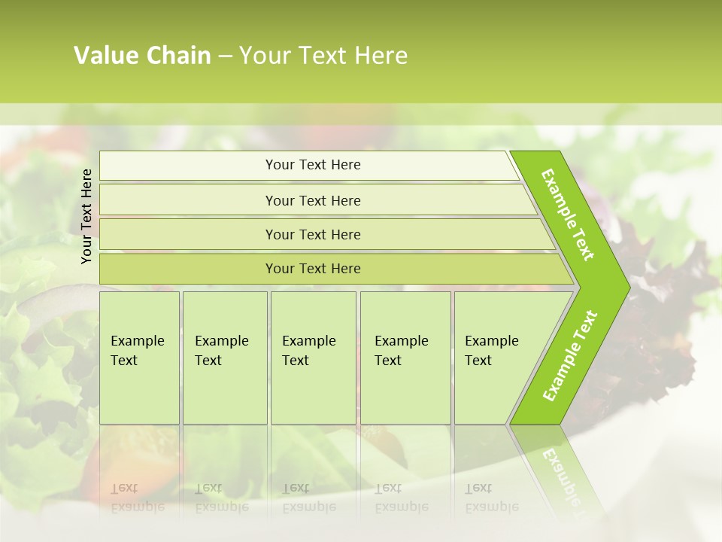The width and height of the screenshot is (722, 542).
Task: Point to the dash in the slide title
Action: coord(225,56)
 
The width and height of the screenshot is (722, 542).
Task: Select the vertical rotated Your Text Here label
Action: coord(86,216)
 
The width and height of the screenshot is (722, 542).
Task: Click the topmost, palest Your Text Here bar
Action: coord(313,165)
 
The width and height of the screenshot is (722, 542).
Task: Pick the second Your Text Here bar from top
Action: coord(313,200)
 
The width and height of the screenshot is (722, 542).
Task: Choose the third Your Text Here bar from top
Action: coord(313,234)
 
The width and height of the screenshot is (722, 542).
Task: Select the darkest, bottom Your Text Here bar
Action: coord(313,269)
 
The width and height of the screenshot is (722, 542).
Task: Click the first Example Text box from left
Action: coord(139,358)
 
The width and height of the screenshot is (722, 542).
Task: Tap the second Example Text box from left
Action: coord(224,358)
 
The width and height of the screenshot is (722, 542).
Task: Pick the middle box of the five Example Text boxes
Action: coord(313,358)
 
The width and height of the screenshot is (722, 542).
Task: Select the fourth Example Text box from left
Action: coord(405,358)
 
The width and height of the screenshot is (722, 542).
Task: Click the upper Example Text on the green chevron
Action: coord(568,215)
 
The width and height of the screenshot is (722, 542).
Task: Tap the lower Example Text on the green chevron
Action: coord(570,356)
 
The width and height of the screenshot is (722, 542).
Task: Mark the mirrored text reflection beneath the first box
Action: coord(137,497)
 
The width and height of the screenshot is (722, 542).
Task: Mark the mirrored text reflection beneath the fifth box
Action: coord(491,497)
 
